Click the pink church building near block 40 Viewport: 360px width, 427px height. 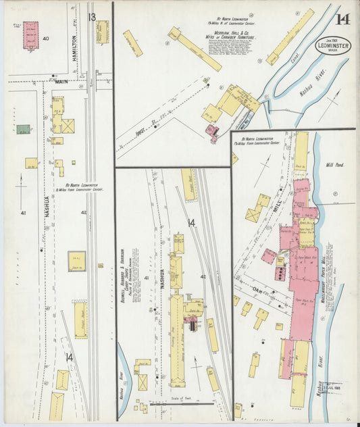[30, 35]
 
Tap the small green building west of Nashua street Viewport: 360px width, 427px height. [24, 129]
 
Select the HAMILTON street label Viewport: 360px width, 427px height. [75, 48]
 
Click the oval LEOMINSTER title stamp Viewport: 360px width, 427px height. [333, 45]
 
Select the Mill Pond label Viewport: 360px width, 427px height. [335, 164]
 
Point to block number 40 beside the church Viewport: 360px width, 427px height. [46, 39]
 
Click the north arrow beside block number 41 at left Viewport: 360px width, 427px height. [21, 189]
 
